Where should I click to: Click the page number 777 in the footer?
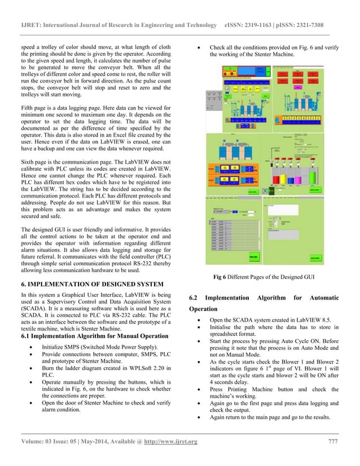click(333, 441)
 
